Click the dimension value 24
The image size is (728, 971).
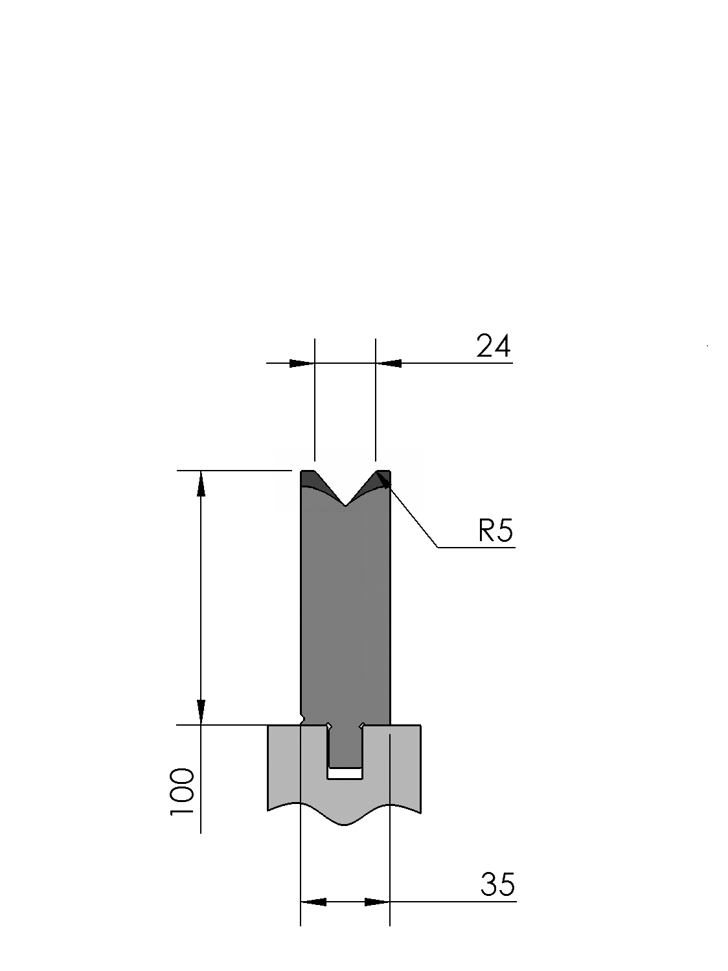click(494, 346)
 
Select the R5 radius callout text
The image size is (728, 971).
click(495, 530)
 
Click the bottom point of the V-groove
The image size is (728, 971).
click(346, 506)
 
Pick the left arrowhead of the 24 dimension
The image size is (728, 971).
click(302, 364)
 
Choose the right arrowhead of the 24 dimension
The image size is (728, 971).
click(389, 364)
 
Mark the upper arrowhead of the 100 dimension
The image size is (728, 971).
click(201, 484)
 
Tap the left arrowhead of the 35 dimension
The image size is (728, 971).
click(313, 902)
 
